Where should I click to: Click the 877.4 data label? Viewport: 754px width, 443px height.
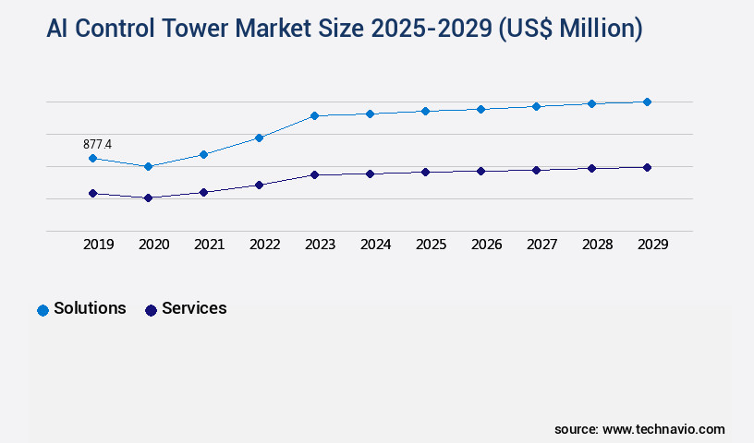(x=97, y=144)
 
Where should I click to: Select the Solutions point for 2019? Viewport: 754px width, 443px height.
(x=92, y=159)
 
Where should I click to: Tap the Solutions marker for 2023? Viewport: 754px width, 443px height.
(x=314, y=115)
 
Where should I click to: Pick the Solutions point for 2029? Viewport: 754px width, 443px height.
(x=647, y=102)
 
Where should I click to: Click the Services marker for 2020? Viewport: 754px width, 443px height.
(x=148, y=198)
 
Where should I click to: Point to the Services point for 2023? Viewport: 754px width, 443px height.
(x=314, y=174)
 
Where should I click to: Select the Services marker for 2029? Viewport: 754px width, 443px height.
(x=647, y=167)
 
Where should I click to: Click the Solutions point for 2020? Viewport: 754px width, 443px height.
(x=148, y=166)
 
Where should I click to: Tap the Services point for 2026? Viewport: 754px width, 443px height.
(x=480, y=171)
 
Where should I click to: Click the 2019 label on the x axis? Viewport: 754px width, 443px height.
(x=99, y=245)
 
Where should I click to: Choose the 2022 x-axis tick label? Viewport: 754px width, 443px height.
(x=265, y=245)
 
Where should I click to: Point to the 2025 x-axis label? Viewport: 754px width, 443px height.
(x=432, y=245)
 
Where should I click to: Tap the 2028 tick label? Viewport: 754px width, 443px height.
(x=598, y=245)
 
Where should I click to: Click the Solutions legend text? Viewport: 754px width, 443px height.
(x=90, y=308)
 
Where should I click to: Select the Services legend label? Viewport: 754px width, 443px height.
(x=194, y=308)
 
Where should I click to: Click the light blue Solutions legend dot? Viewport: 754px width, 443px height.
(x=43, y=310)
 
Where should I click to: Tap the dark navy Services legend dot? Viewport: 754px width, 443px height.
(x=151, y=310)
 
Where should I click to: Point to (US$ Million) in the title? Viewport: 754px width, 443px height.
(x=570, y=29)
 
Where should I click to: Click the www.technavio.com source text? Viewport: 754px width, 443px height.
(x=663, y=429)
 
